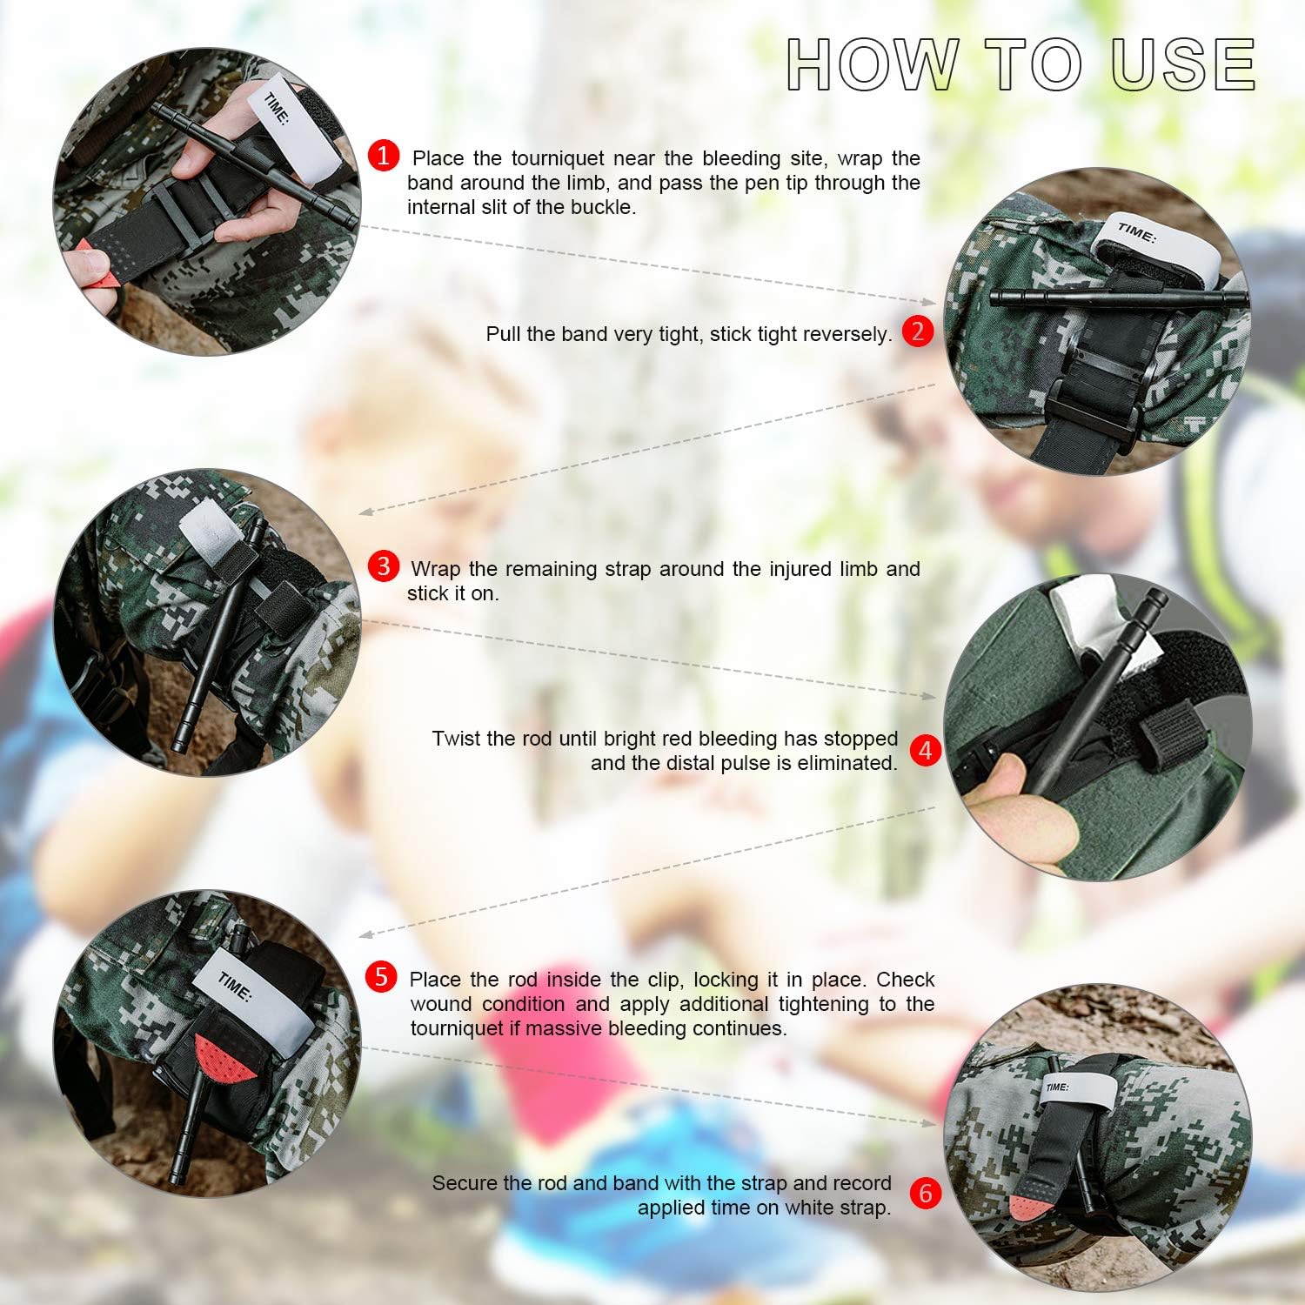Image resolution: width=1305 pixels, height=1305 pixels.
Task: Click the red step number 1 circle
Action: click(384, 156)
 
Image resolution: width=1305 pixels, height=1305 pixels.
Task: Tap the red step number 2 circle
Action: click(918, 331)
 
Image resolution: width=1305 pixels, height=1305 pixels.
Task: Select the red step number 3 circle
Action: click(384, 566)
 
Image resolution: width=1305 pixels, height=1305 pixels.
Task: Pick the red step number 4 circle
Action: click(925, 750)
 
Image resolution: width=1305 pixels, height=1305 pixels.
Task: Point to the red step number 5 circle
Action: click(382, 977)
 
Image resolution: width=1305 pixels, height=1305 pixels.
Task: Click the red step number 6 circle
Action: click(925, 1193)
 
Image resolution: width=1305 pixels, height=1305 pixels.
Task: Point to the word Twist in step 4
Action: click(455, 739)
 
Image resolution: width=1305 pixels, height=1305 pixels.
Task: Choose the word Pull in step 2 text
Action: click(503, 334)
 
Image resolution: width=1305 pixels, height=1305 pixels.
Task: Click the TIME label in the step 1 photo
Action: click(278, 110)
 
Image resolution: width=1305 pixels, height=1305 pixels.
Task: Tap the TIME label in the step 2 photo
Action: click(1137, 232)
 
